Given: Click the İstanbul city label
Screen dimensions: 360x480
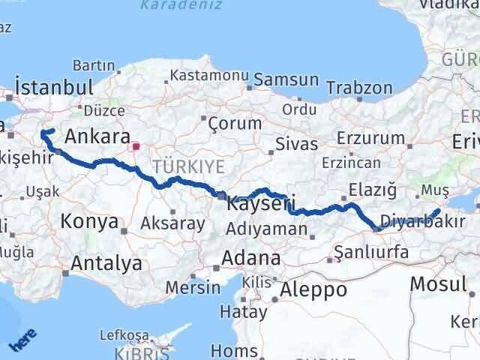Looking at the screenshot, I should [x=53, y=86].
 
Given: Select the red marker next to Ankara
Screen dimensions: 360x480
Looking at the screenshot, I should [x=135, y=146].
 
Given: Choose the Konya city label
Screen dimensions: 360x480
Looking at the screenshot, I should [x=89, y=221].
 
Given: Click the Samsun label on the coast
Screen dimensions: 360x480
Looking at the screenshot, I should [x=286, y=79].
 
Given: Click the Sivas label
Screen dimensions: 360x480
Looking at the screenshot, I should [x=296, y=144].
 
